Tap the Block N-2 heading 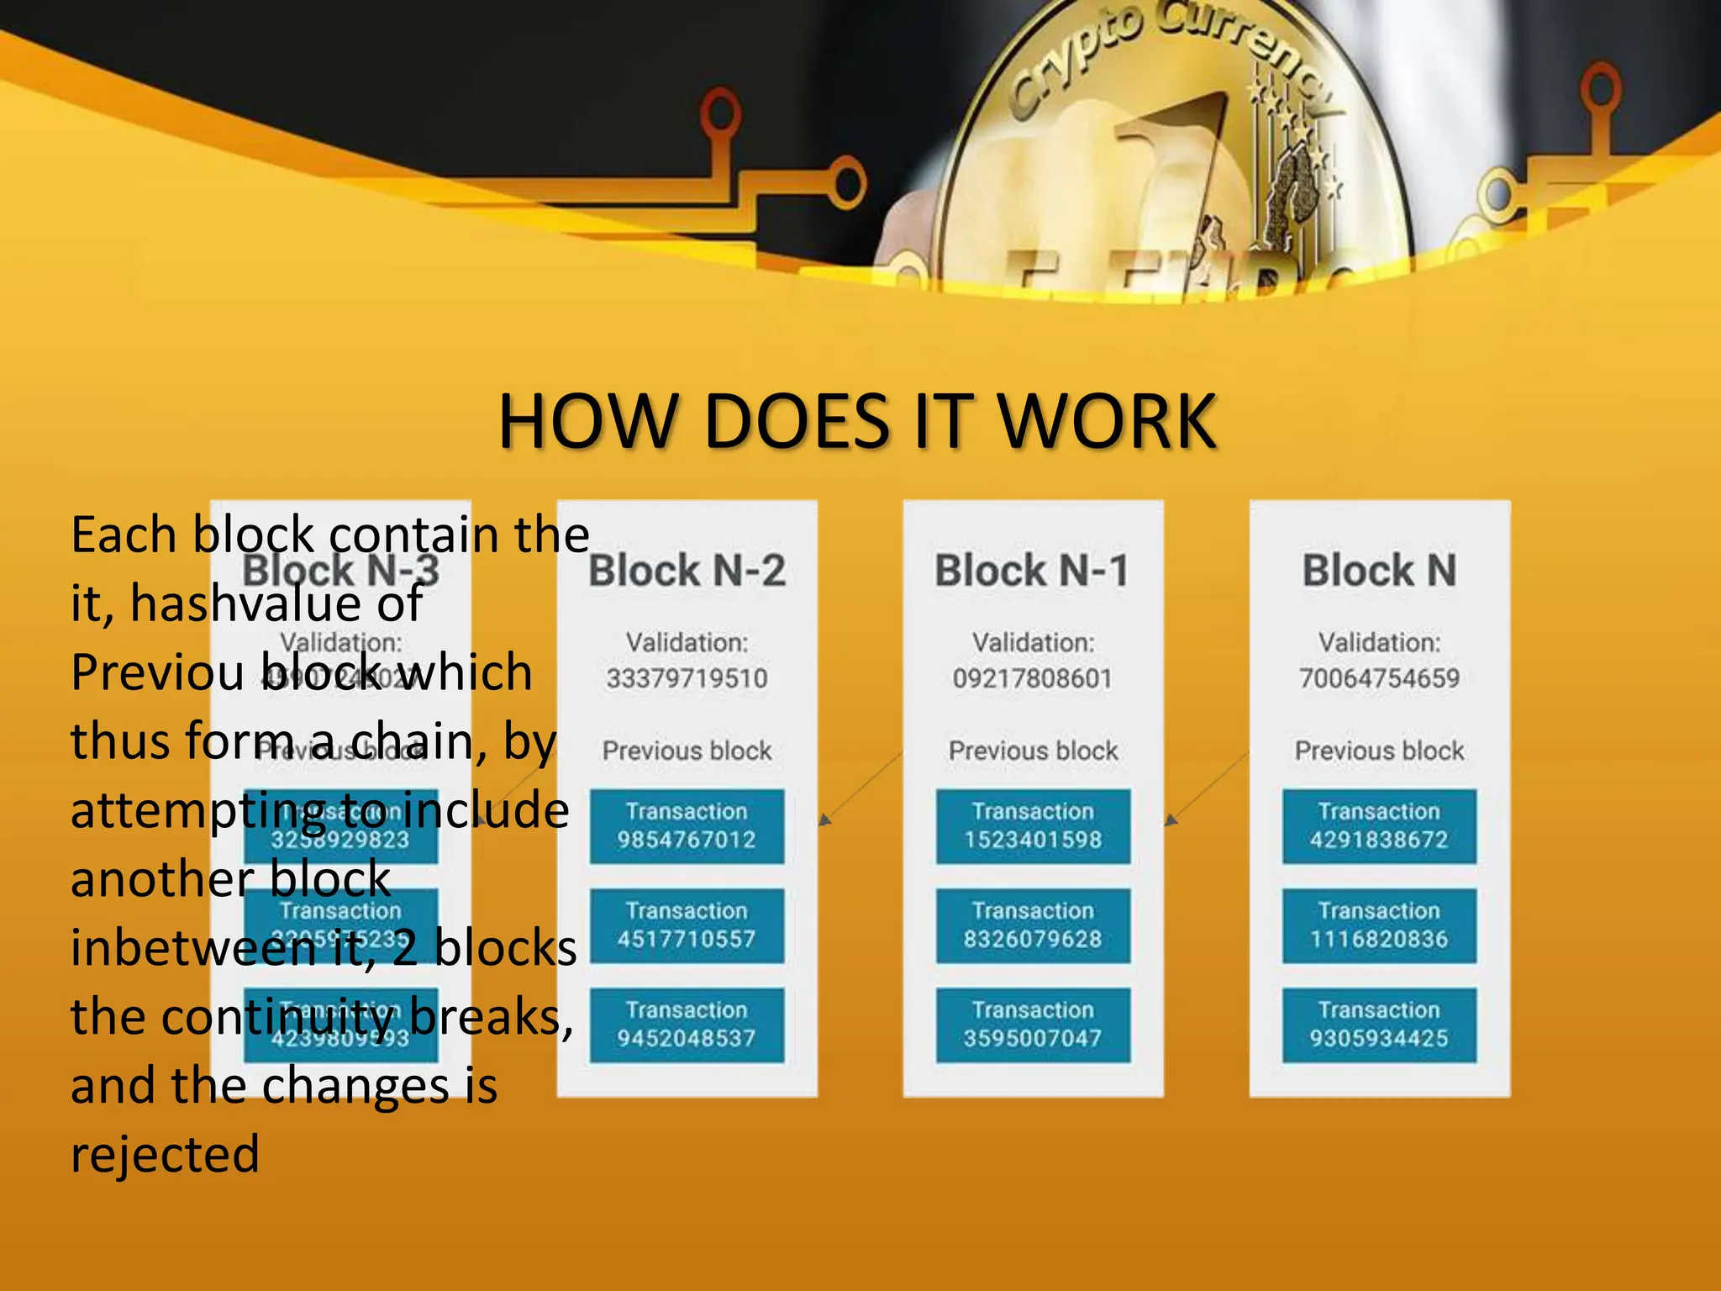(687, 571)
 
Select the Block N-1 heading (1033, 571)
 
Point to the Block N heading (1379, 571)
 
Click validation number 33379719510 (687, 678)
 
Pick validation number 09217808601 (1033, 678)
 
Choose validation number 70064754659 (1379, 678)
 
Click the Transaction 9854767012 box (687, 825)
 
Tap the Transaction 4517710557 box (687, 925)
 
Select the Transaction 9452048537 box (687, 1024)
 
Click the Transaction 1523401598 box (1033, 825)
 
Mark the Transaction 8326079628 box (1033, 925)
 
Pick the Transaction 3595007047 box (1033, 1024)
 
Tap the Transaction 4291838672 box (1379, 825)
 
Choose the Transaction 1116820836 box (1379, 925)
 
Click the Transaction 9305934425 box (1379, 1024)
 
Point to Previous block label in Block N (1379, 751)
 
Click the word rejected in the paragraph (166, 1155)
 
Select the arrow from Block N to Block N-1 (1208, 787)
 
